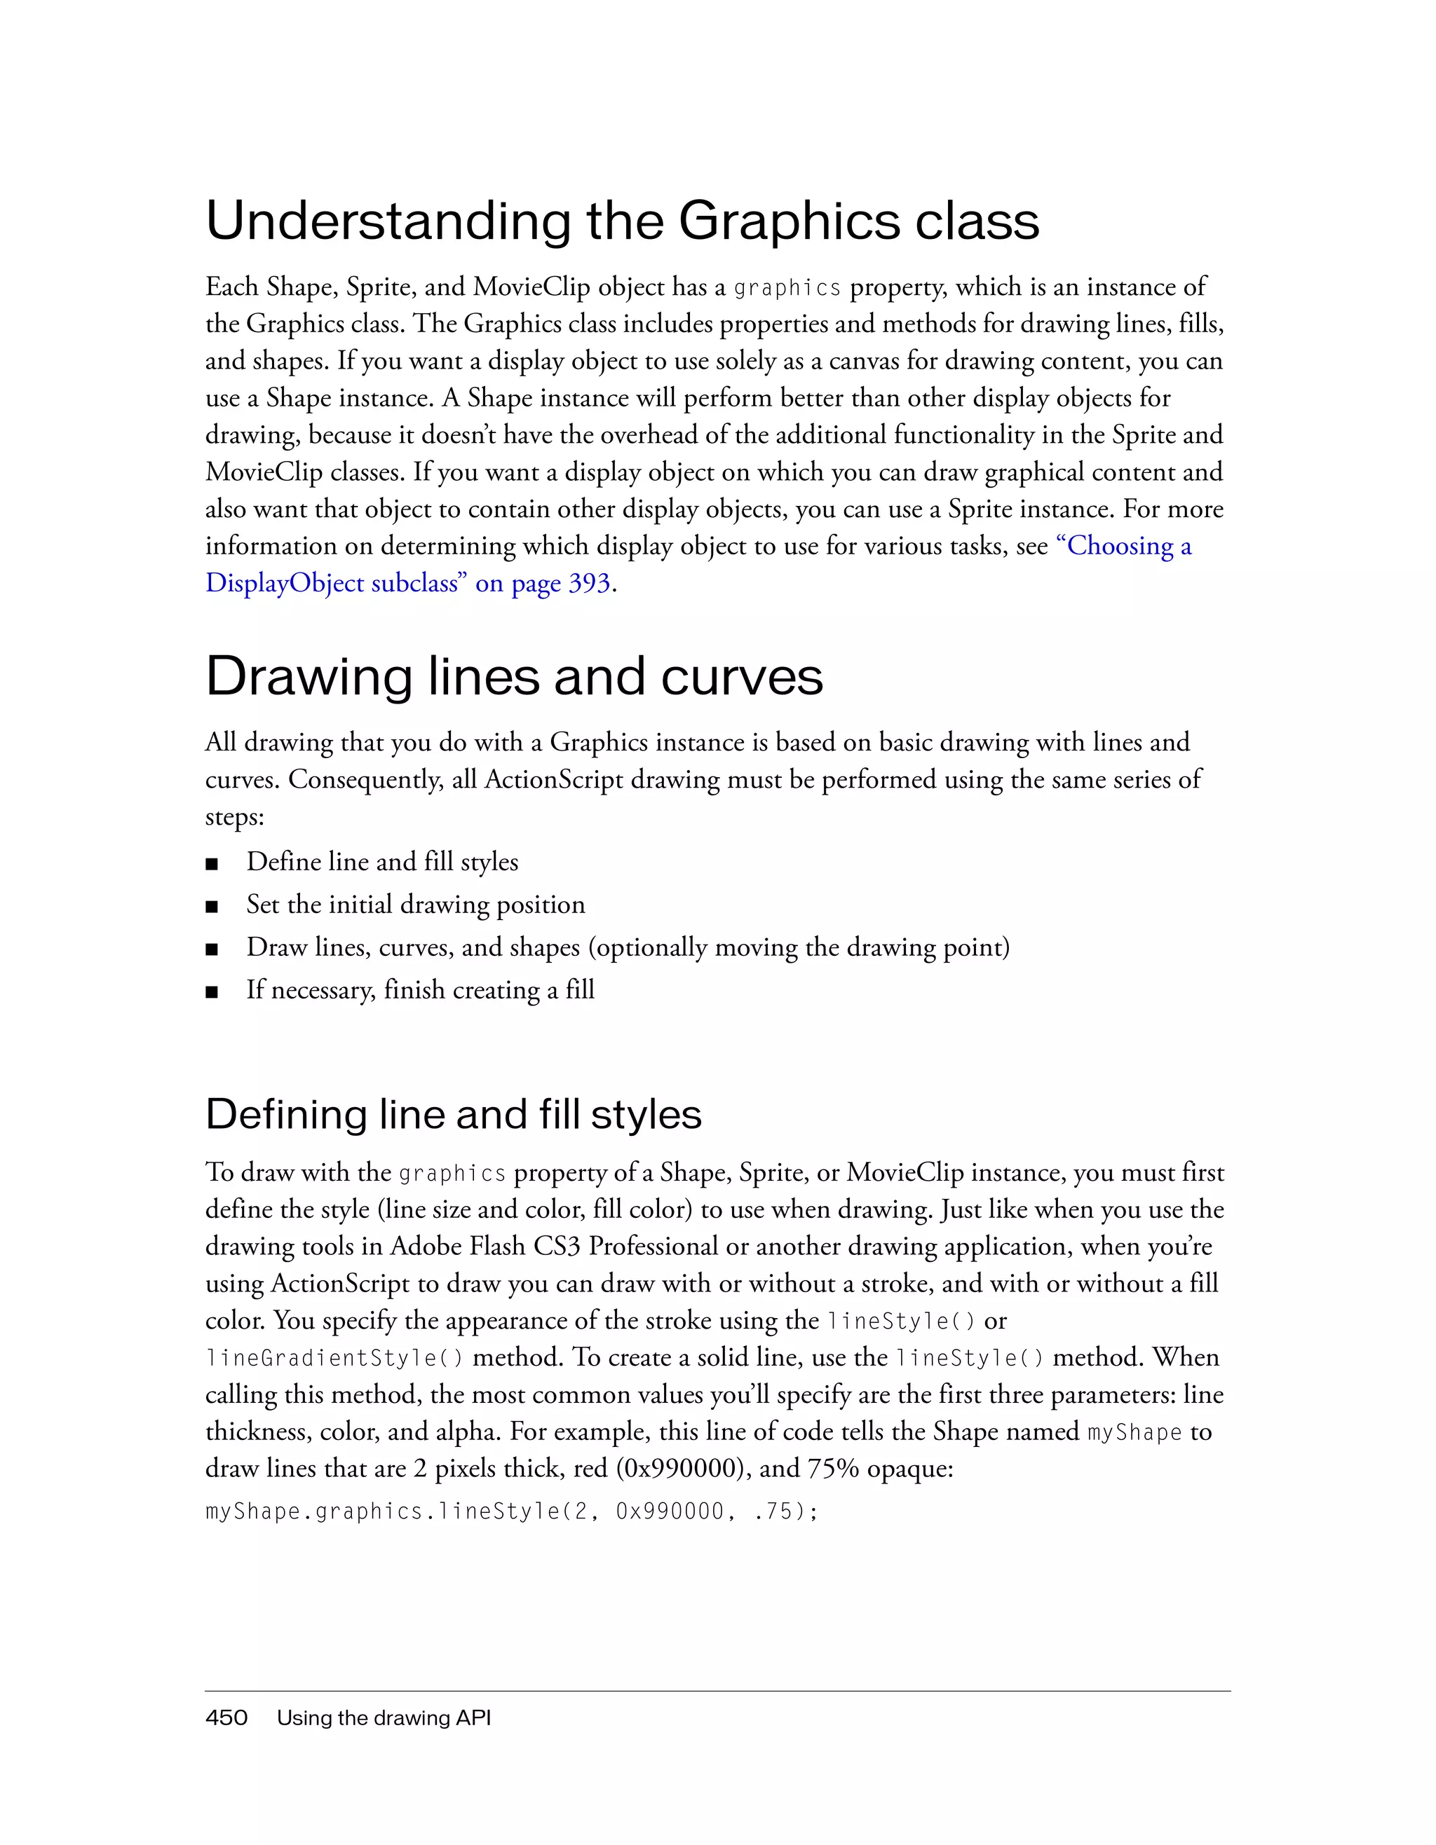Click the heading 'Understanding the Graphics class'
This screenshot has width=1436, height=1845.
622,221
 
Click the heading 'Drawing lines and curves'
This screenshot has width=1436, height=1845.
514,677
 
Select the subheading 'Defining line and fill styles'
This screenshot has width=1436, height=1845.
453,1114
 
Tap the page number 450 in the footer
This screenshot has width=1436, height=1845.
226,1717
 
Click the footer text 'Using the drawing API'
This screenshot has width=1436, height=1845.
384,1717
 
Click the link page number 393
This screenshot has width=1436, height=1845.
588,584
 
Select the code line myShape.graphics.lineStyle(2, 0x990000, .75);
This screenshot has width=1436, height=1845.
511,1511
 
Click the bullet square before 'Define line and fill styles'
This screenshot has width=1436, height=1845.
212,864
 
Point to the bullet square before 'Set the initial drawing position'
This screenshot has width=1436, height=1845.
212,907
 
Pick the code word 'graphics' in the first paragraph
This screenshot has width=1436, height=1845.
787,289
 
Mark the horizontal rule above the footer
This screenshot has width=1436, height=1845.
717,1692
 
